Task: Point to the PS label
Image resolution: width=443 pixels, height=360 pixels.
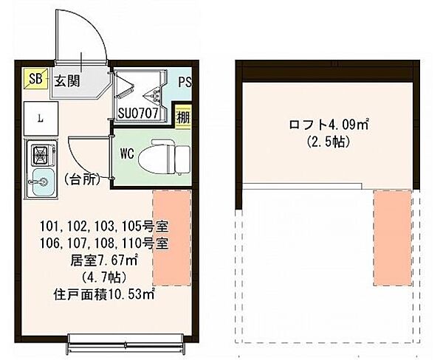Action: [x=184, y=82]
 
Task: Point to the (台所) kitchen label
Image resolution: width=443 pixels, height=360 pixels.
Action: [x=82, y=179]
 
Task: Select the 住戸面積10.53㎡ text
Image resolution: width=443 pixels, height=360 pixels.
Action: [x=103, y=294]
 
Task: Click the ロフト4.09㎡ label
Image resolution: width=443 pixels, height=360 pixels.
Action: [x=323, y=124]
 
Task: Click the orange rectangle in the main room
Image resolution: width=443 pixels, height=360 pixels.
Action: [x=171, y=238]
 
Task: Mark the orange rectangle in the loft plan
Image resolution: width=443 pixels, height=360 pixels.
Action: [x=391, y=238]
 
